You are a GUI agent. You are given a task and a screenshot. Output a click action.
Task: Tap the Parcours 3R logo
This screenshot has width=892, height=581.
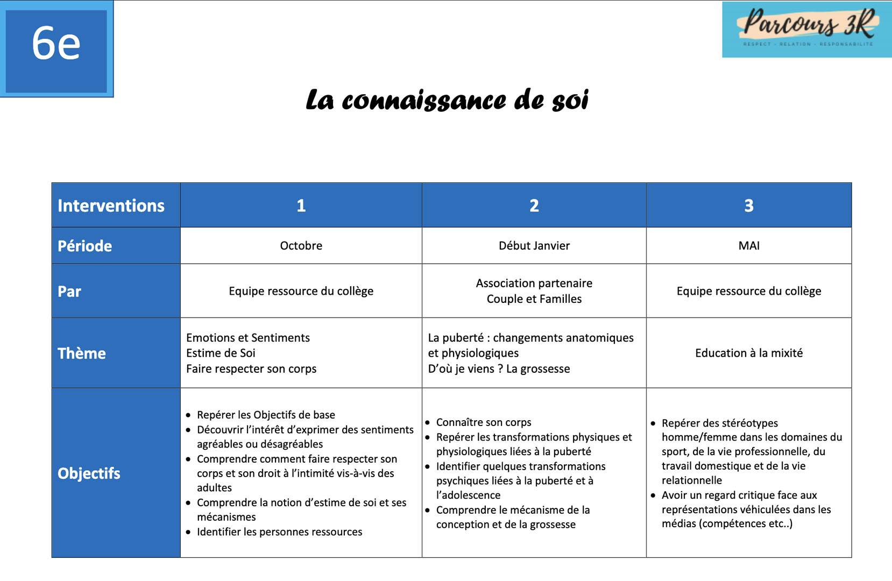click(807, 29)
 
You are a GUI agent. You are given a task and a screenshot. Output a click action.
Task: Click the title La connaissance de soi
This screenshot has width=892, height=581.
click(447, 100)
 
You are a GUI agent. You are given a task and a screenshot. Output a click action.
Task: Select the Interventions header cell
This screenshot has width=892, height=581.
click(111, 206)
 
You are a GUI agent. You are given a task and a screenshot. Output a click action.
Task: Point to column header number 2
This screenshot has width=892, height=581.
click(534, 206)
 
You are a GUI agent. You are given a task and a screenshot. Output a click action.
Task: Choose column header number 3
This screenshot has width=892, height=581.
click(748, 206)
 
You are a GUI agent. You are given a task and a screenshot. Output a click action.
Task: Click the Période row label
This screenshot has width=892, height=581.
click(85, 246)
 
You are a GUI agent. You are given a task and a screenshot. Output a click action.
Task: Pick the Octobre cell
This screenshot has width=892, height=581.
click(301, 246)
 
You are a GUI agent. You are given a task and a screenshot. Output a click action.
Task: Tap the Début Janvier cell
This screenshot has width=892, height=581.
click(534, 246)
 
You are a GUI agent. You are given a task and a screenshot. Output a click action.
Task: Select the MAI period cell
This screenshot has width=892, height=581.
click(748, 246)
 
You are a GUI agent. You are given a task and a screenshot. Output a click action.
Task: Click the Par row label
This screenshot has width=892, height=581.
click(69, 292)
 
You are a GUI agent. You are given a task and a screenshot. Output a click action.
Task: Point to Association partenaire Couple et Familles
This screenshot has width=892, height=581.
click(534, 291)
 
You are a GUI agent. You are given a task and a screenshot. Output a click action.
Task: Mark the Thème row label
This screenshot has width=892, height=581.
click(82, 353)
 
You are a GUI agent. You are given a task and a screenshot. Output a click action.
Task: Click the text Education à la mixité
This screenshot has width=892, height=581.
click(748, 353)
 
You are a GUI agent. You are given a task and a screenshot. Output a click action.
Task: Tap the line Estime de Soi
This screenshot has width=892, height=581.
click(221, 353)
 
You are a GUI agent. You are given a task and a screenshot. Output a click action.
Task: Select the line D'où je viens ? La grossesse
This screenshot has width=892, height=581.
click(499, 369)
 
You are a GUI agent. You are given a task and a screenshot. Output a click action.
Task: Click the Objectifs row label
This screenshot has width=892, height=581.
click(89, 473)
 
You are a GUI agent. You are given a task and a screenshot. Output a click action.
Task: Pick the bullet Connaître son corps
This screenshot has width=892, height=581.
click(483, 422)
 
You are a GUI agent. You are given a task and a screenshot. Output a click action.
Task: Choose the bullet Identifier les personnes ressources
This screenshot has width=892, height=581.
click(279, 532)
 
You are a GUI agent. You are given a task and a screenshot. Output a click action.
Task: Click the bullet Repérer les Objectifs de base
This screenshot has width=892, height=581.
click(266, 415)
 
